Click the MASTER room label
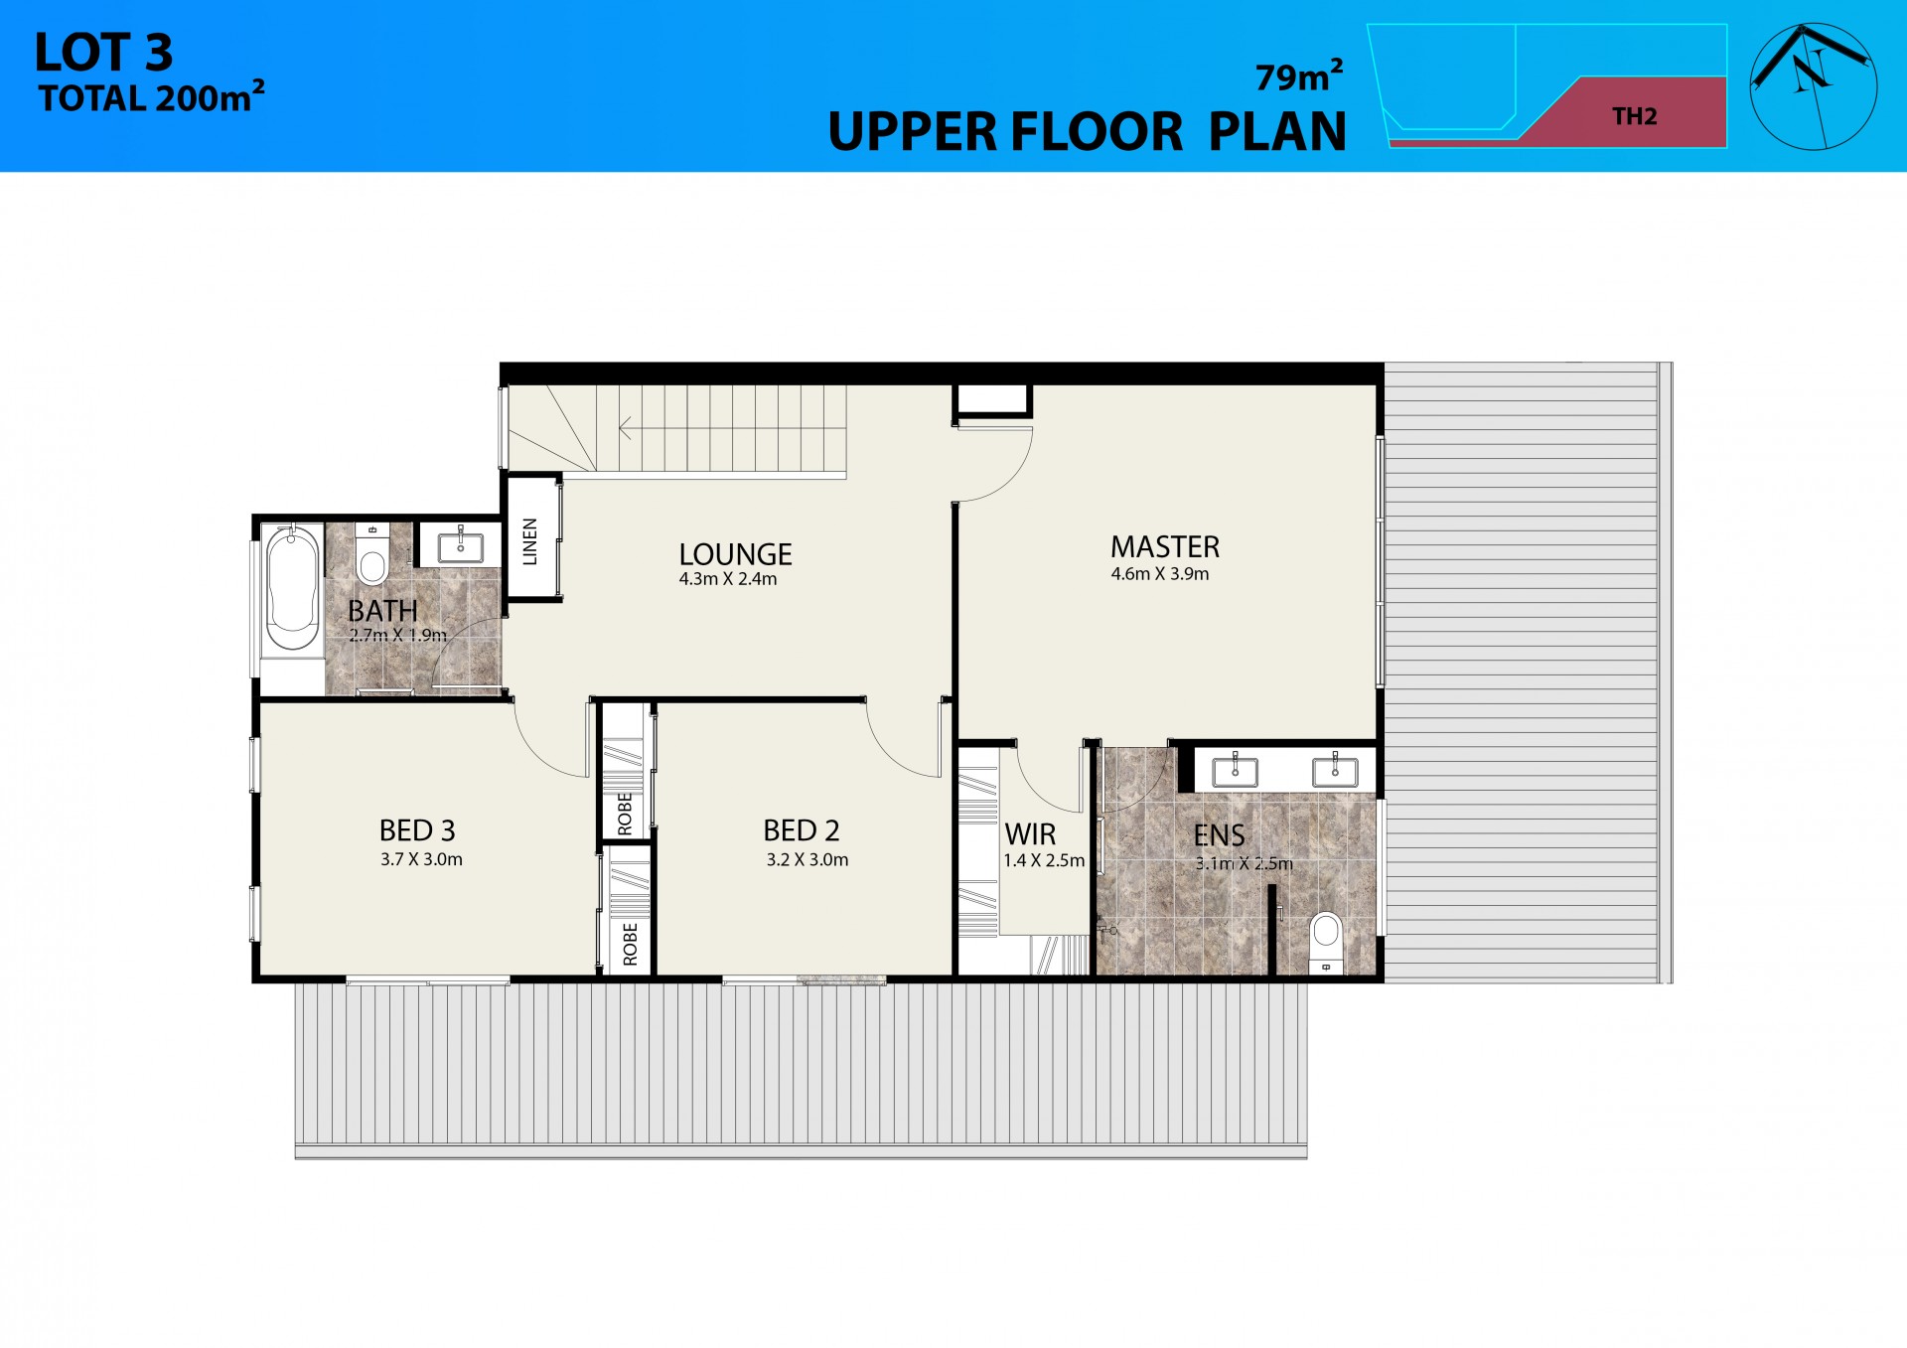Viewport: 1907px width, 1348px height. (x=1164, y=547)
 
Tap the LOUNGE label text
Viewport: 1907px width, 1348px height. (x=735, y=554)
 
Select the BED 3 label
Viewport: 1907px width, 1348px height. (x=417, y=830)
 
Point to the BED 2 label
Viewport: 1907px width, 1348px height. (x=802, y=830)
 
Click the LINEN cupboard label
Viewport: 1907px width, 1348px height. (x=530, y=541)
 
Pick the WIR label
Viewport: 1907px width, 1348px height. (x=1030, y=834)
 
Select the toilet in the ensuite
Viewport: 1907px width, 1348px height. (x=1326, y=939)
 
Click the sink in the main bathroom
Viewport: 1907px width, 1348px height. (x=461, y=546)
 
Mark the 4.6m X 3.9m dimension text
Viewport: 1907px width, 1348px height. (x=1160, y=574)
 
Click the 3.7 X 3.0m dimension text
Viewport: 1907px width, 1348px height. (x=421, y=859)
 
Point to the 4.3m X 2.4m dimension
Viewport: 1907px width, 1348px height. (x=728, y=579)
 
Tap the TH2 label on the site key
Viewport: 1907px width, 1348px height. (x=1635, y=116)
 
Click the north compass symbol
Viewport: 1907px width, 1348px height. (x=1813, y=86)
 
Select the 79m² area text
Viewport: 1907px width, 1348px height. (x=1299, y=76)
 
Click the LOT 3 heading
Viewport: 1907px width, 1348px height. (x=103, y=53)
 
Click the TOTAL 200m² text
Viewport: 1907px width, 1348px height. (x=151, y=98)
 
